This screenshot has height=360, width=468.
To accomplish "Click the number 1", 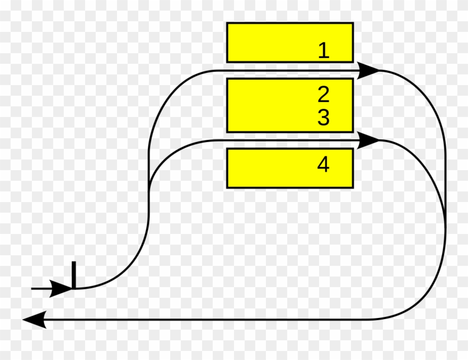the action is tap(324, 50).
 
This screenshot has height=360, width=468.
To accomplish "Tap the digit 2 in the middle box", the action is tap(323, 94).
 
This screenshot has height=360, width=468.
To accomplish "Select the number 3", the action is tap(323, 118).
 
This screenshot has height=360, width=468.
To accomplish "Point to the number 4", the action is tap(323, 164).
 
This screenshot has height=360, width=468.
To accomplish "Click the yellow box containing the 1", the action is tap(290, 43).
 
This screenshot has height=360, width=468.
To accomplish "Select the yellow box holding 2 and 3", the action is tap(290, 105).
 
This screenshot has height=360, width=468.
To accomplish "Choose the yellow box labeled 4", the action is tap(290, 168).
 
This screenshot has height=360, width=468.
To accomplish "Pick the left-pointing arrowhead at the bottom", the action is tap(35, 320).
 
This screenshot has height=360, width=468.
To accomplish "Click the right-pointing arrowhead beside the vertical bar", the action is tap(61, 289).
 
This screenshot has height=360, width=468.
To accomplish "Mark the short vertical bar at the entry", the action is tap(74, 275).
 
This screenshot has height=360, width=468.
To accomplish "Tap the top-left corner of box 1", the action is tap(227, 22).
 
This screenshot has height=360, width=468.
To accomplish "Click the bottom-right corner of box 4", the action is tap(354, 188).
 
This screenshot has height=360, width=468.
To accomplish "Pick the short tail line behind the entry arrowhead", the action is tap(42, 289).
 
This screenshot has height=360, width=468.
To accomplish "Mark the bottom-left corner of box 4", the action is tap(227, 188).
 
